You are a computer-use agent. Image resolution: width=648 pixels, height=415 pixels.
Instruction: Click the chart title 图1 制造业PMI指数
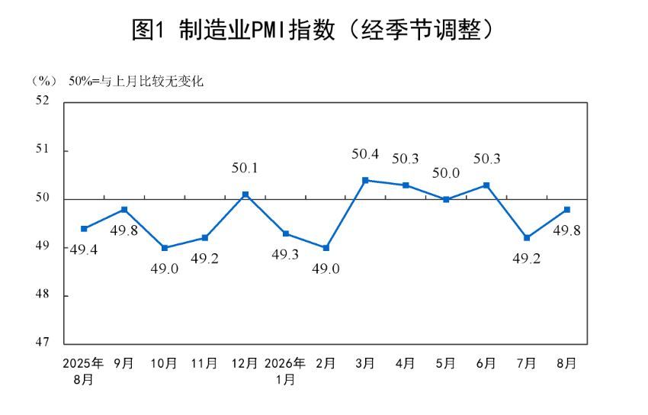233,30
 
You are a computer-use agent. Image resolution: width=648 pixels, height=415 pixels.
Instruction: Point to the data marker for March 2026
365,180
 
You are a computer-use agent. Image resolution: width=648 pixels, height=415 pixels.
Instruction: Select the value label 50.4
365,154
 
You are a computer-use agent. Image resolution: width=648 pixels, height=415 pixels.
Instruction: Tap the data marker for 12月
245,195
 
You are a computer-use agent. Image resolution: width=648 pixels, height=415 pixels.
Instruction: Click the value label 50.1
245,168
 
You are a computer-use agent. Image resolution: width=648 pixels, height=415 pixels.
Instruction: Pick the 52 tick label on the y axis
42,100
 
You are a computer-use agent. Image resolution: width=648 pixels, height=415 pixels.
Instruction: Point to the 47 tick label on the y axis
42,342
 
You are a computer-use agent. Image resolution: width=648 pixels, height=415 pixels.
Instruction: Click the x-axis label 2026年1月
285,372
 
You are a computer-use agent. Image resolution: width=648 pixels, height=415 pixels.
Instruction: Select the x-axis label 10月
164,363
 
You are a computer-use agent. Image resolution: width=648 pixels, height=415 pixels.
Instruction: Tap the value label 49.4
84,249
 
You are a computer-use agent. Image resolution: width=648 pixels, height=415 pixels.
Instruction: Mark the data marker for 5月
446,199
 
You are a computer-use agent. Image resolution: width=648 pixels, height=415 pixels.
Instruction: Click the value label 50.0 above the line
446,172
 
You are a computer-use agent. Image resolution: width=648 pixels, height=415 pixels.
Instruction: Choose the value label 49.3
285,255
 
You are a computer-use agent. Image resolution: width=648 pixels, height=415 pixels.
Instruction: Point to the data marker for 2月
326,248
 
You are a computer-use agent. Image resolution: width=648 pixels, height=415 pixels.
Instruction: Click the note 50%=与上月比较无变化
136,81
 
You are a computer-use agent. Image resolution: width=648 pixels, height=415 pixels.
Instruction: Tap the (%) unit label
44,81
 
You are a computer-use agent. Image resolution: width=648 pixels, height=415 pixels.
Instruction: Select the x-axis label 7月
527,363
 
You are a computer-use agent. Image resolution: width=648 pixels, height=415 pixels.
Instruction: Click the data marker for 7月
527,238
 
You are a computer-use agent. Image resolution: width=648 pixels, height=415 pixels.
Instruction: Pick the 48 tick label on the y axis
42,294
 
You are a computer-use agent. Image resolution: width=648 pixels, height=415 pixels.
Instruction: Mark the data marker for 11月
205,238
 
